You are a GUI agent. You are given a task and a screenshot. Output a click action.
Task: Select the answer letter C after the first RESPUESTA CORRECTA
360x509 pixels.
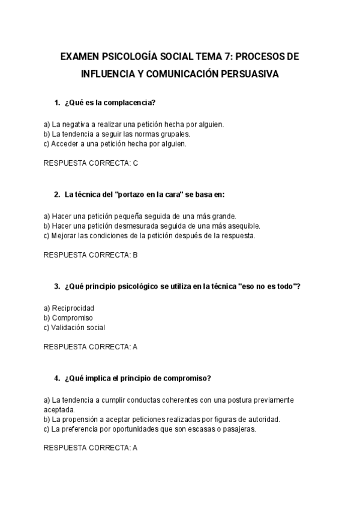tap(136, 163)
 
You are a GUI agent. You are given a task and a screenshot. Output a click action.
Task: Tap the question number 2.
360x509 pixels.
tap(56, 194)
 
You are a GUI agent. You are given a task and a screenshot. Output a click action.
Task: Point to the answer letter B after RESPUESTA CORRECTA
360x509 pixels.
tap(136, 254)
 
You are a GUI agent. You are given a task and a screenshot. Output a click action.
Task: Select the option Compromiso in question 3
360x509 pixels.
tap(73, 318)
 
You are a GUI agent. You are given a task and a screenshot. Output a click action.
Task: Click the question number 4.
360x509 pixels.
tap(56, 378)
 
